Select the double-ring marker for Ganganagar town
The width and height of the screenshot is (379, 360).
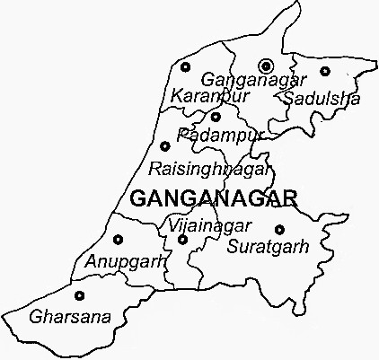(x=266, y=66)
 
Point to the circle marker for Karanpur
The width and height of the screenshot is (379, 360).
(x=186, y=66)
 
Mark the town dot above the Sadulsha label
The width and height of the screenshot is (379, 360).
(x=324, y=71)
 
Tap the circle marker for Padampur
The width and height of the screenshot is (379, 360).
(x=216, y=116)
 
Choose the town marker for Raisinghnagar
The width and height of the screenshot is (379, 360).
(x=164, y=146)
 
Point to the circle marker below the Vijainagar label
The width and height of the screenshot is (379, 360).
(x=181, y=240)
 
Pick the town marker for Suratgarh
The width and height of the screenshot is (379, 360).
(x=279, y=229)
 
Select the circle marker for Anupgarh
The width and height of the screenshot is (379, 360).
(x=118, y=239)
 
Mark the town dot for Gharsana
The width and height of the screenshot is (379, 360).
(x=80, y=294)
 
